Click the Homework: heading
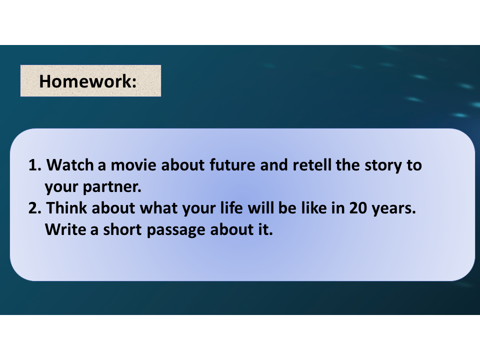tap(88, 81)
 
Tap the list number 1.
tap(34, 165)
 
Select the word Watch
tap(70, 165)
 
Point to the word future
tap(232, 165)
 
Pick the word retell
tap(312, 165)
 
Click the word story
tap(383, 165)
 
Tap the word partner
tap(112, 186)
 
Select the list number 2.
tap(34, 208)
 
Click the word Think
tap(66, 208)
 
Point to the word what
tap(158, 208)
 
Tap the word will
tap(260, 208)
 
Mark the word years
tap(393, 208)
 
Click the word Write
tap(65, 229)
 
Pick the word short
tap(122, 229)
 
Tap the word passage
tap(176, 230)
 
